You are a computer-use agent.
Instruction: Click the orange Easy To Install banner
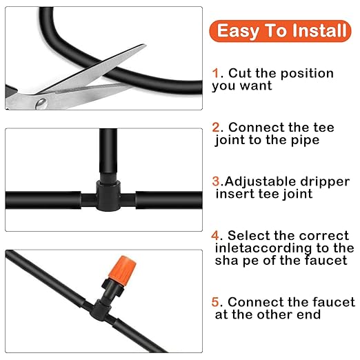[x=282, y=31]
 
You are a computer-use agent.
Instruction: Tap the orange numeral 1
[x=215, y=73]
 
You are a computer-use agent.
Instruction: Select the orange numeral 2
[x=216, y=128]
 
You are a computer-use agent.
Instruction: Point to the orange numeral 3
[x=215, y=181]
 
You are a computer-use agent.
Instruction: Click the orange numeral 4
[x=216, y=236]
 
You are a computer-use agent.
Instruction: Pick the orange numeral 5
[x=216, y=302]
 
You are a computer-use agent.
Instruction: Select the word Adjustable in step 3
[x=257, y=181]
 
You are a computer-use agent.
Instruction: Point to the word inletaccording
[x=263, y=248]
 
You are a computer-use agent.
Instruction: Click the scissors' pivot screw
[x=41, y=102]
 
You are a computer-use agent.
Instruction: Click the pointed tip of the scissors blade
[x=144, y=47]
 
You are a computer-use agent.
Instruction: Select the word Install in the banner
[x=321, y=31]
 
